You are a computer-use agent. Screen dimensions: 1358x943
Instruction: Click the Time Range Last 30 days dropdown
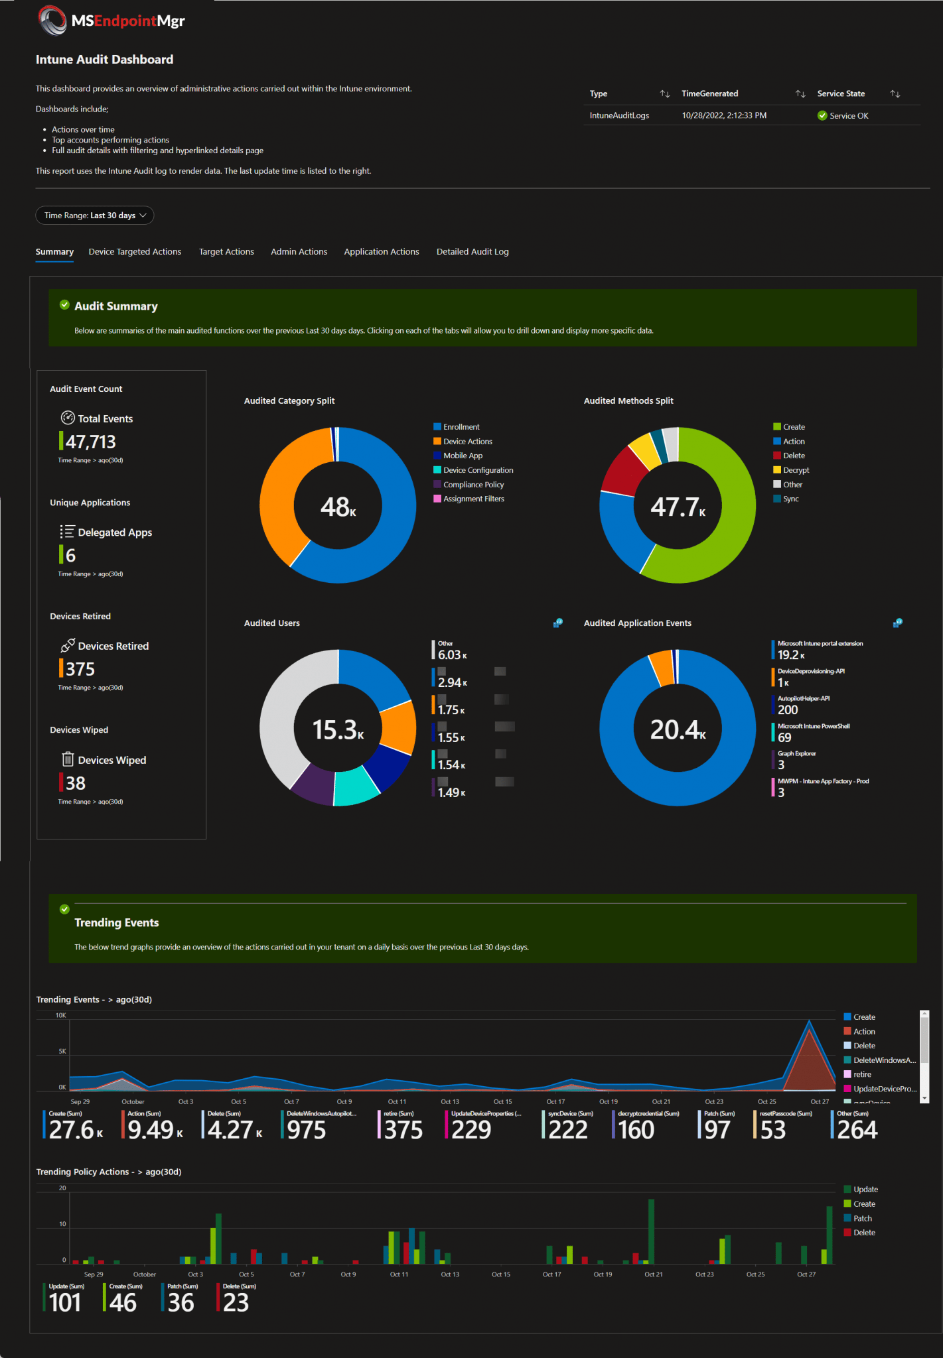94,216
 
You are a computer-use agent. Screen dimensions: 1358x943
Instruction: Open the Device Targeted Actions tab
135,252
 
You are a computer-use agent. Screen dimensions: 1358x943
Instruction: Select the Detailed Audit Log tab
472,252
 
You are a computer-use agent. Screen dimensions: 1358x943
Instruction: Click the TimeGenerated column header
709,93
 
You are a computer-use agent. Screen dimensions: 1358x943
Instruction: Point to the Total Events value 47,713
90,442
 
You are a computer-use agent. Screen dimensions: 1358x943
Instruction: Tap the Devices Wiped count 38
76,783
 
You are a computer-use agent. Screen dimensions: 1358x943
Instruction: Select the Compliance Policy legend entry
473,485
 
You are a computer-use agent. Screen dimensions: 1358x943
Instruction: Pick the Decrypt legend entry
795,470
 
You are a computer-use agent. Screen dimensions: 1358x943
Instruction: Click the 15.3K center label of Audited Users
338,729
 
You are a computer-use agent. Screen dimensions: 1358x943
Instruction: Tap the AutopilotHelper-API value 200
788,710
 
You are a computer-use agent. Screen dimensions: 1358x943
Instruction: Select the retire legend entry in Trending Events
861,1074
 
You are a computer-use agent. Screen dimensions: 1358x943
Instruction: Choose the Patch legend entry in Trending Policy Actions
861,1218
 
